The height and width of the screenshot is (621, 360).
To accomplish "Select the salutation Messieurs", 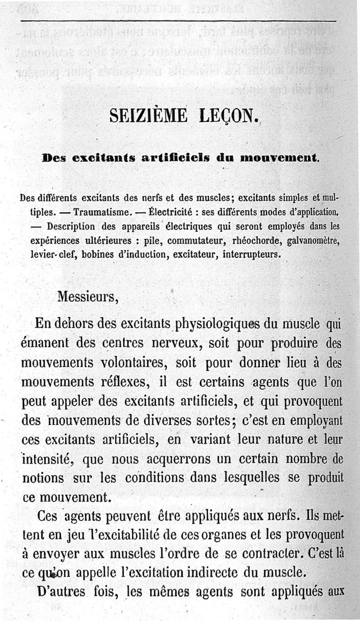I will pos(87,297).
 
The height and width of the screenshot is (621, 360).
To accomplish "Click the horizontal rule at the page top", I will pos(178,21).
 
